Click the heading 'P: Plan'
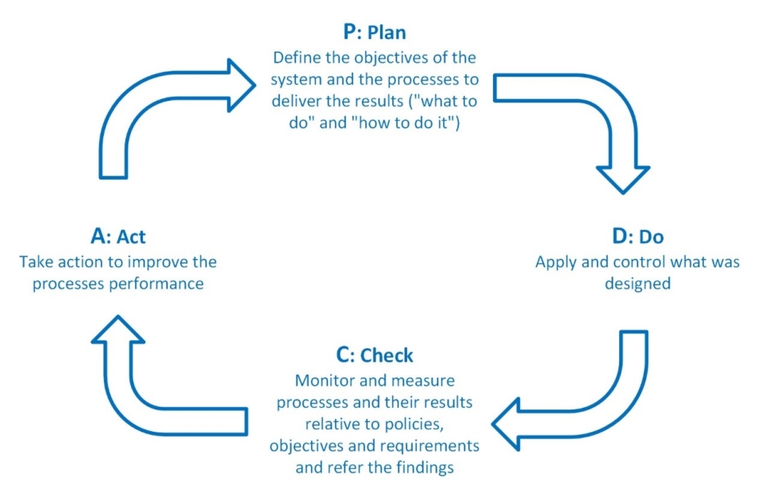tap(375, 34)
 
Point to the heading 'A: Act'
tap(118, 236)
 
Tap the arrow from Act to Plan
tap(151, 103)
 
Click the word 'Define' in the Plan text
tap(297, 58)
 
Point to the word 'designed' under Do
tap(637, 283)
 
